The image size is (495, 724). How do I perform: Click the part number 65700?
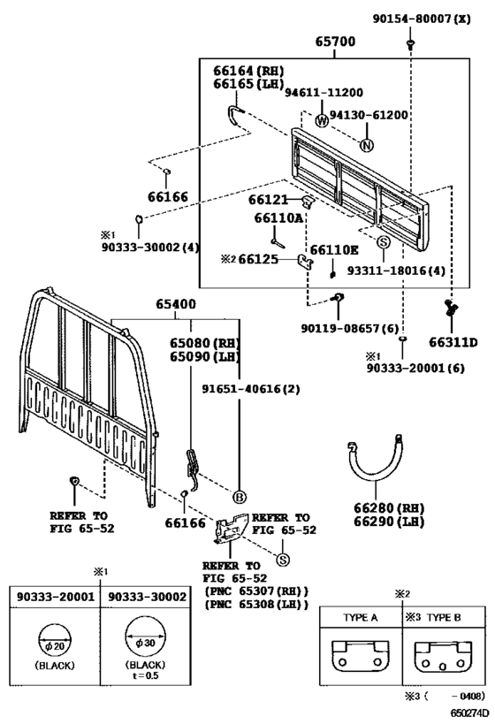point(335,42)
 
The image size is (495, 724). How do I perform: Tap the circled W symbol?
point(322,120)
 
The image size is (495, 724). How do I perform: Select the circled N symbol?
point(367,146)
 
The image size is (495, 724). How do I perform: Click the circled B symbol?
point(240,498)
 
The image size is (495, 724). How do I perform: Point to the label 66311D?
point(453,342)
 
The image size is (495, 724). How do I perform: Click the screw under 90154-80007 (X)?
point(410,44)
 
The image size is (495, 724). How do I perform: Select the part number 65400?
point(176,304)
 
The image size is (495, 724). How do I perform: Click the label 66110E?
point(334,250)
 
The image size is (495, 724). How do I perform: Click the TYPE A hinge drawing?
point(360,656)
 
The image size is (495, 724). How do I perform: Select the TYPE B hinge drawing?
point(443,657)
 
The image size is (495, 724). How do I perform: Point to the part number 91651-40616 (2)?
point(251,389)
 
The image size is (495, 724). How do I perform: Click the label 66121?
point(268,200)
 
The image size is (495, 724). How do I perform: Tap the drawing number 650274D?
point(470,713)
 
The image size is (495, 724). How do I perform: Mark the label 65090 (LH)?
point(204,357)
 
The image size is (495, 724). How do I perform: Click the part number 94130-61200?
point(369,115)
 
